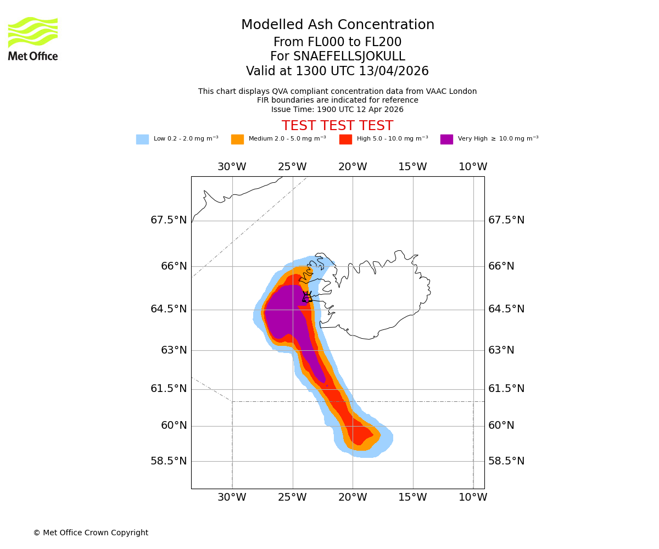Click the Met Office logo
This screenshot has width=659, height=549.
(x=33, y=38)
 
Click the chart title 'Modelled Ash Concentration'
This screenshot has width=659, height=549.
(x=338, y=25)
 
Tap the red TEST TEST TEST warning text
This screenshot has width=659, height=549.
(x=338, y=126)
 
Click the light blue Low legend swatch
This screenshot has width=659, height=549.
(x=142, y=139)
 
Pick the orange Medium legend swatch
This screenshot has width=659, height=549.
(x=237, y=139)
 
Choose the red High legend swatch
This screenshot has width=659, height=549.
(x=345, y=139)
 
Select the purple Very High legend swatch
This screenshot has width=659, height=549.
(x=446, y=139)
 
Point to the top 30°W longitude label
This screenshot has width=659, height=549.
(x=232, y=167)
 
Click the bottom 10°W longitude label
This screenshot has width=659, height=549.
(x=473, y=497)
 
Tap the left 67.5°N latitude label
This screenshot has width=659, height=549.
(x=169, y=220)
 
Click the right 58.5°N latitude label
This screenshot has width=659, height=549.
(x=506, y=461)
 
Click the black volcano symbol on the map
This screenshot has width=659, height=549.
(x=307, y=297)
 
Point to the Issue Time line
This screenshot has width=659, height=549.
(x=338, y=109)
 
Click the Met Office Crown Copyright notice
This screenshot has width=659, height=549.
(x=91, y=533)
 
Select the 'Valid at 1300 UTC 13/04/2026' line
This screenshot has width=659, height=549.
(x=338, y=71)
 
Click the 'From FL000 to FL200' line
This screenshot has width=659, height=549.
(x=338, y=42)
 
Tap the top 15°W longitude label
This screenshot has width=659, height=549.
(x=412, y=167)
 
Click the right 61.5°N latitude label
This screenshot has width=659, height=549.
(x=506, y=389)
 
